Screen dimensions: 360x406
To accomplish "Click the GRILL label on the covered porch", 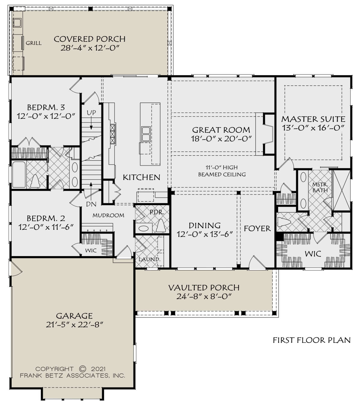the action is (34, 43).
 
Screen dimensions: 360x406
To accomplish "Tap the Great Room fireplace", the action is (268, 134).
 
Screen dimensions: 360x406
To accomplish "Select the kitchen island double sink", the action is (146, 134).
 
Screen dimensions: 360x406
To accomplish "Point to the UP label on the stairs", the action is (91, 113).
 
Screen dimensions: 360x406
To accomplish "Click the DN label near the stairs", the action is (91, 204).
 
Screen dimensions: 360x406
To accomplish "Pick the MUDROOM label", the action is (108, 215).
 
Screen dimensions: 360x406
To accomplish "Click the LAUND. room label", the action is (149, 259).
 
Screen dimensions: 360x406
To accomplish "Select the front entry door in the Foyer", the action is (257, 262).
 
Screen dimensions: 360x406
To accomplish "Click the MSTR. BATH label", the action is (320, 187).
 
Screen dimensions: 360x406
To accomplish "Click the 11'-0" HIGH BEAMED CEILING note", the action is (222, 171).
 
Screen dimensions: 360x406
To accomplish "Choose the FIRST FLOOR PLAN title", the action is (312, 340).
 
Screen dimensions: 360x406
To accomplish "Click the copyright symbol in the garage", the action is (82, 369).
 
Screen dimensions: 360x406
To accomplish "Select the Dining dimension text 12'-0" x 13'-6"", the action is (205, 234).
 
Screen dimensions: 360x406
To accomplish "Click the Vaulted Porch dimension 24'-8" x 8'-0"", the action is (204, 296).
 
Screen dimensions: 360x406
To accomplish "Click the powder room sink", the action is (144, 228).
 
